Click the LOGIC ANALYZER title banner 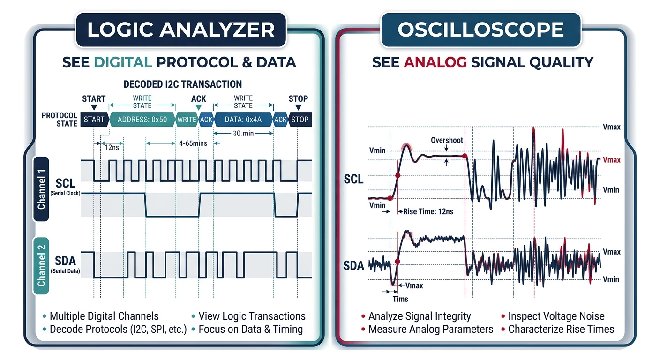(180, 30)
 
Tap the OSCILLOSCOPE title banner (480, 30)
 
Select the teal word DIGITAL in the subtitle (123, 62)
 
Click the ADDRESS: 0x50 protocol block (142, 120)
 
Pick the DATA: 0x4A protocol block (243, 120)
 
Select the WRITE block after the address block (187, 120)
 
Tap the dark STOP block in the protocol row (300, 120)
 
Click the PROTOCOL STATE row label (60, 120)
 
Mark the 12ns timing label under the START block (112, 148)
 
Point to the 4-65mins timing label (193, 143)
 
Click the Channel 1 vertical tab (42, 188)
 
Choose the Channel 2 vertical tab (42, 265)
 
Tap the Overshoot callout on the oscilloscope (447, 140)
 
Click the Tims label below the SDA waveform (400, 299)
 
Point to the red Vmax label (611, 160)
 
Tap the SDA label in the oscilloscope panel (353, 266)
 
